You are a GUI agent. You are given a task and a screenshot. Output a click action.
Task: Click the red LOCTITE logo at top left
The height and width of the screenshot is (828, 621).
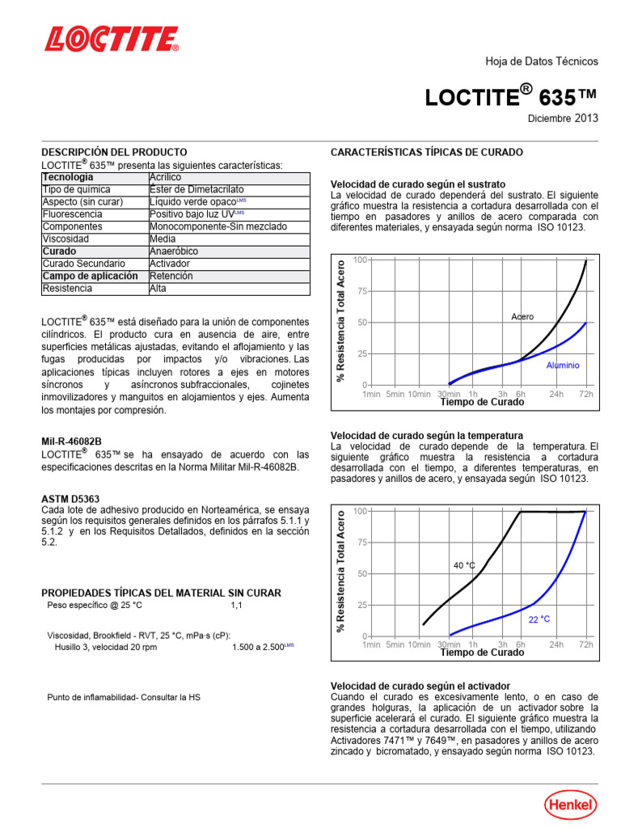pyautogui.click(x=112, y=39)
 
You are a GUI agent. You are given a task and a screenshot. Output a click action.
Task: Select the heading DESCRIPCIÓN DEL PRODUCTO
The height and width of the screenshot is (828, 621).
pyautogui.click(x=114, y=152)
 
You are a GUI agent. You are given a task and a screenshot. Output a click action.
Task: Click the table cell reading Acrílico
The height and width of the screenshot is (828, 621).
pyautogui.click(x=166, y=177)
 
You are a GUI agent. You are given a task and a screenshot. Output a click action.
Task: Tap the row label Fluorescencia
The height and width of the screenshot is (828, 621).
pyautogui.click(x=73, y=214)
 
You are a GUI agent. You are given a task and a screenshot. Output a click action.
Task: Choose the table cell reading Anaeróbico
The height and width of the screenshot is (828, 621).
pyautogui.click(x=174, y=251)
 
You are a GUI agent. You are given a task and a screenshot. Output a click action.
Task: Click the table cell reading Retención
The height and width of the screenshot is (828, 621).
pyautogui.click(x=171, y=276)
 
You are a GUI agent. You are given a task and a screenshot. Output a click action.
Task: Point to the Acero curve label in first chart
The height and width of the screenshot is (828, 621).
pyautogui.click(x=522, y=317)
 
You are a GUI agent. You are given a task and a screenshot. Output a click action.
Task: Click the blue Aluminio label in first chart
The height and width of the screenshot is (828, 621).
pyautogui.click(x=563, y=365)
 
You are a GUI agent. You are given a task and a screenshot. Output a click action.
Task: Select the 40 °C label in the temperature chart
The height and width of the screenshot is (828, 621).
pyautogui.click(x=464, y=566)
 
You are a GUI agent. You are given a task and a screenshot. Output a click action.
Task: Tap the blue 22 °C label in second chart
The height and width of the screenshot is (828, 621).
pyautogui.click(x=539, y=619)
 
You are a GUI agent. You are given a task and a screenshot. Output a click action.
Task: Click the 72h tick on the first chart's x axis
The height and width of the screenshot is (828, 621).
pyautogui.click(x=585, y=394)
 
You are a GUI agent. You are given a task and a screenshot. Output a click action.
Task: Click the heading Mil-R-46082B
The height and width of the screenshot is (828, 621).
pyautogui.click(x=72, y=442)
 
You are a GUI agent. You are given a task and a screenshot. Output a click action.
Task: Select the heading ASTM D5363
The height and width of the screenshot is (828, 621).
pyautogui.click(x=70, y=499)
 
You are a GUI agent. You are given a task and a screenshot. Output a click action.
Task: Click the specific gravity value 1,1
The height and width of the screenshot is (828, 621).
pyautogui.click(x=236, y=605)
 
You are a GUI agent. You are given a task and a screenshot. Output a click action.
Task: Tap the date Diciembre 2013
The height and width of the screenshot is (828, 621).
pyautogui.click(x=564, y=118)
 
